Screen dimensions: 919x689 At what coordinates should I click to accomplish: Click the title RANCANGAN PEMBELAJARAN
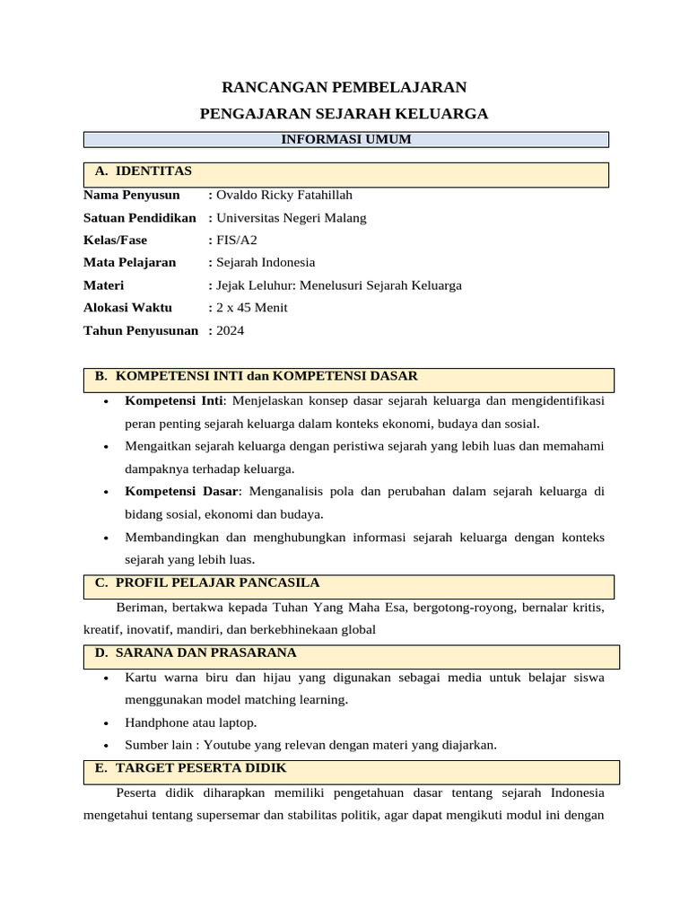click(x=344, y=87)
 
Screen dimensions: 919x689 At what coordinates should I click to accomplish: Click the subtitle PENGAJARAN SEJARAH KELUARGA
click(x=344, y=113)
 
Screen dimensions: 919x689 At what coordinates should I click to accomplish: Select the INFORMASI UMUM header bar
click(x=345, y=139)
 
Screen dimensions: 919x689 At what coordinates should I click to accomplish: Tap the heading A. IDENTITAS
click(x=144, y=171)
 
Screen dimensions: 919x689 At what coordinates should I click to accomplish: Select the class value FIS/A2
click(x=231, y=240)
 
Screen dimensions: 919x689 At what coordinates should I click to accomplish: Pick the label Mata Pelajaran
click(x=130, y=262)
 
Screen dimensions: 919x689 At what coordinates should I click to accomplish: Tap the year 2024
click(x=231, y=330)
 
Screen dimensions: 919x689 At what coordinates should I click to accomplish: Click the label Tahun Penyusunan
click(x=141, y=330)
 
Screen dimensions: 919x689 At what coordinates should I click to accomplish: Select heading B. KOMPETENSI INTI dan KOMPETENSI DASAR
click(x=257, y=375)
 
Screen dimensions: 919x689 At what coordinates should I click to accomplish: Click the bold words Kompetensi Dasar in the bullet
click(x=182, y=491)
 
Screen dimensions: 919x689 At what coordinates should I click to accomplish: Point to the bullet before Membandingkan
click(x=107, y=538)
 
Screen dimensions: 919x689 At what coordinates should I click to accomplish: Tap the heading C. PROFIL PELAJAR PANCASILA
click(x=207, y=582)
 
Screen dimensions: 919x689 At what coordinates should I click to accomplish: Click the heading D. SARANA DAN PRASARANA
click(x=196, y=652)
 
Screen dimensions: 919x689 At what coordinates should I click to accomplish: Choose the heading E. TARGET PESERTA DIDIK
click(x=191, y=768)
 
